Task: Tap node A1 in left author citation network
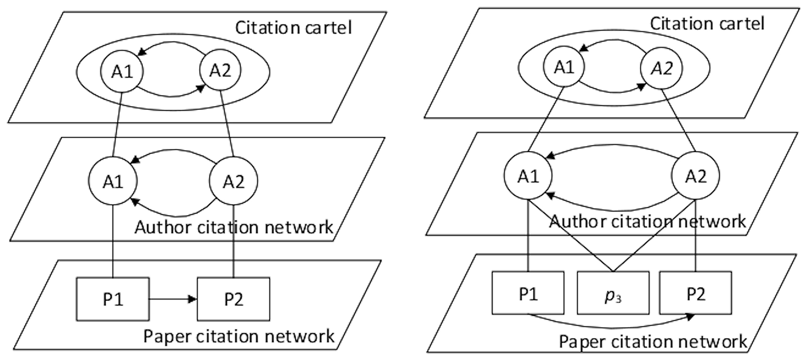point(113,181)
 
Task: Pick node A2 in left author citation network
point(233,181)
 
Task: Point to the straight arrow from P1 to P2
point(173,299)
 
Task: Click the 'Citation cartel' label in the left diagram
point(293,28)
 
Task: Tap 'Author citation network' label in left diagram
point(234,227)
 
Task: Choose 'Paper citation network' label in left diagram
point(239,336)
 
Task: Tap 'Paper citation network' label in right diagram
point(653,342)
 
